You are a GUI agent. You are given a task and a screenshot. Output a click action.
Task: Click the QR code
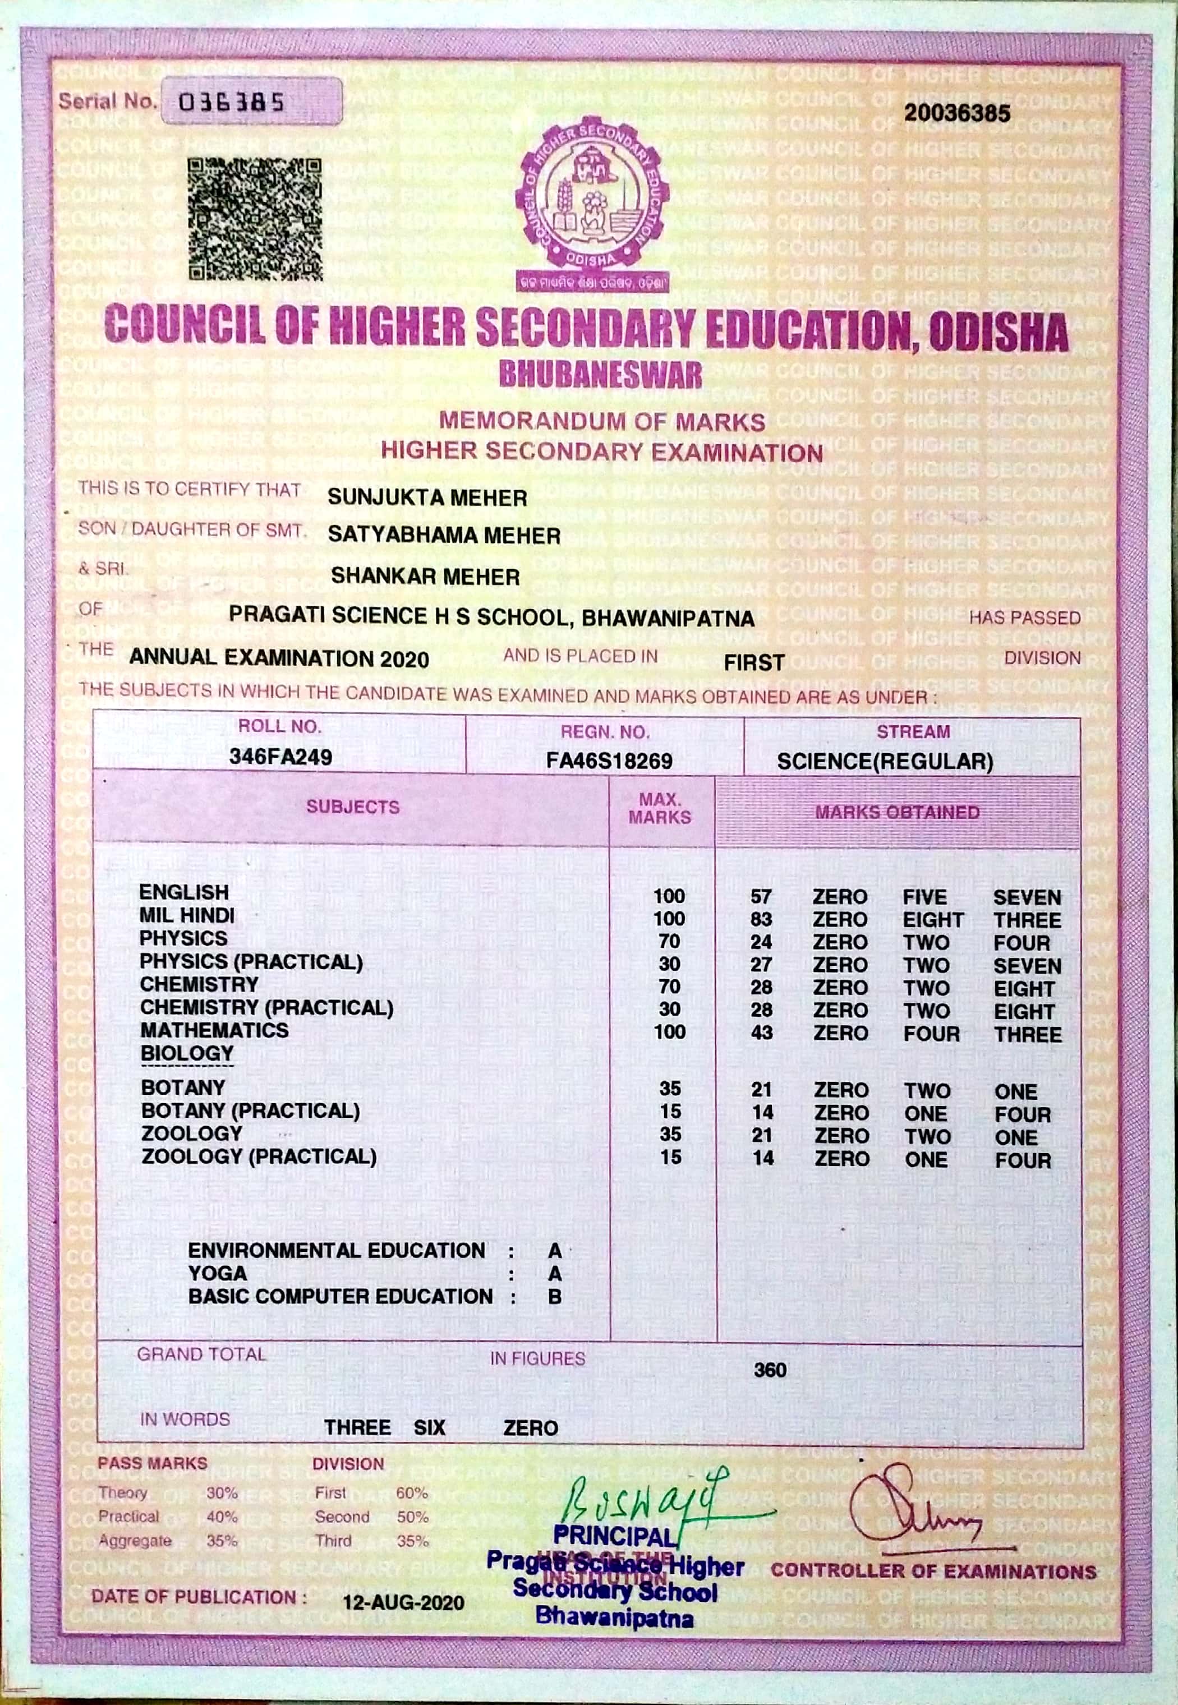255,219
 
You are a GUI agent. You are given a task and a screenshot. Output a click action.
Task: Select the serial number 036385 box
251,101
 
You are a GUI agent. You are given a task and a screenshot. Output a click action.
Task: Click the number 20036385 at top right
958,113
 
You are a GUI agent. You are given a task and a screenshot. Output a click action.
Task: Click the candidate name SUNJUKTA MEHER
427,498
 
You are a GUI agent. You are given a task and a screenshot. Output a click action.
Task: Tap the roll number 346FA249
280,757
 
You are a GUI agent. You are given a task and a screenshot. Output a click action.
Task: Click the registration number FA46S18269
609,761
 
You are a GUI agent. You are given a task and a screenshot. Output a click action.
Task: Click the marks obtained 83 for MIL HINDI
761,920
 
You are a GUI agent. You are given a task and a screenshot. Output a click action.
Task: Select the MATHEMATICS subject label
214,1031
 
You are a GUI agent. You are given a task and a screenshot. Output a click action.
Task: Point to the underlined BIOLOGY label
187,1053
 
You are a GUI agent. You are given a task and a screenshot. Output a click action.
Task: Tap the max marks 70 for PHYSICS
669,942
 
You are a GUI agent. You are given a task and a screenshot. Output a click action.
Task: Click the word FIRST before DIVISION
753,662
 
